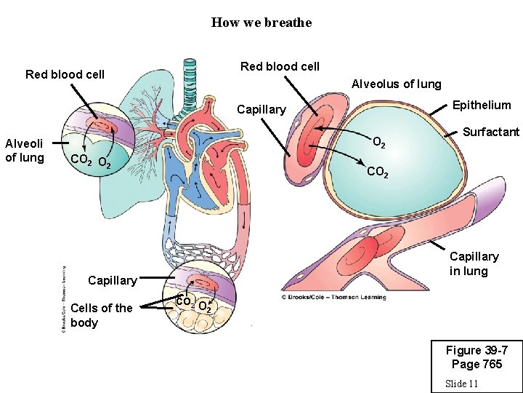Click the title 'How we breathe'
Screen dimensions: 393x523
[261, 23]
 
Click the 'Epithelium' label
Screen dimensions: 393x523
[482, 105]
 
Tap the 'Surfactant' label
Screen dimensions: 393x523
[492, 132]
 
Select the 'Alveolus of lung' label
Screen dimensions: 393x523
[396, 84]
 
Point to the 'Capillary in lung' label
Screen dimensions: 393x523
[474, 263]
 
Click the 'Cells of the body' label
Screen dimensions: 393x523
[101, 315]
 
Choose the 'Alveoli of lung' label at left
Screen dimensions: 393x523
[25, 151]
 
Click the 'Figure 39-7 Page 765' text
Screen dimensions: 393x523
[474, 357]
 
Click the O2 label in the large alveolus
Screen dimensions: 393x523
[378, 143]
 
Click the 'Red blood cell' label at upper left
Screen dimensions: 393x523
[65, 74]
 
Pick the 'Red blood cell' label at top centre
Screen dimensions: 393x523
[280, 66]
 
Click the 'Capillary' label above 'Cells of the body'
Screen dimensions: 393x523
[112, 280]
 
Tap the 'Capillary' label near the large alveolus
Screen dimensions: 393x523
[261, 109]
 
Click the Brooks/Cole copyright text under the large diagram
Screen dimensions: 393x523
[333, 297]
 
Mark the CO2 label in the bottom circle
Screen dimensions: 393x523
[185, 301]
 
